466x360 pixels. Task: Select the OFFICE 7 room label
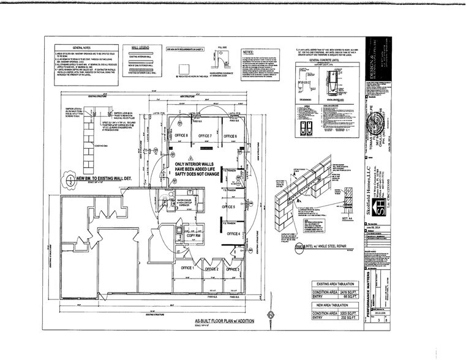203,135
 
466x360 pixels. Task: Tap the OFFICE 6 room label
229,135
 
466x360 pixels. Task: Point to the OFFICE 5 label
228,208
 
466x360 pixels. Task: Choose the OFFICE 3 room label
232,269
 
